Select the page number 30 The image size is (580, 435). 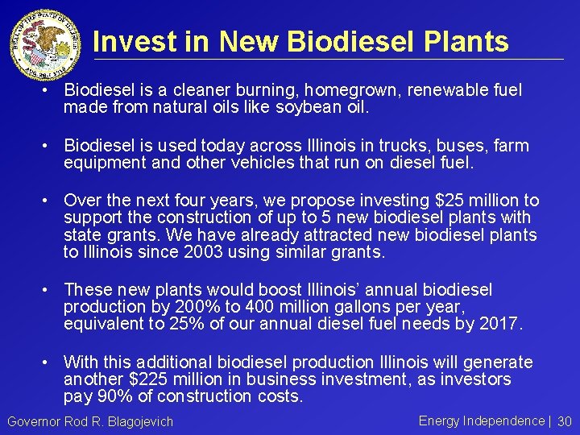(x=564, y=421)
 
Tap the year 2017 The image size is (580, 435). (x=500, y=325)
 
